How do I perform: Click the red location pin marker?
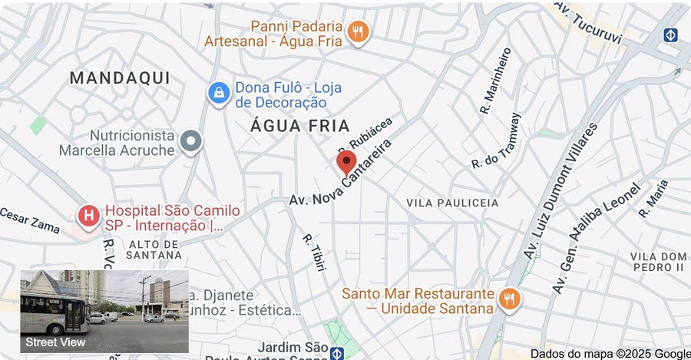click(346, 162)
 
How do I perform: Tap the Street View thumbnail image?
click(104, 311)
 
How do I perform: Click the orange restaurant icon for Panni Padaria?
click(357, 31)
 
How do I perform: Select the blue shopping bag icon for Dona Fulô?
click(219, 94)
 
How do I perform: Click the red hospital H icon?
click(89, 217)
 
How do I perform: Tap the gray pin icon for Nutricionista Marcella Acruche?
click(190, 141)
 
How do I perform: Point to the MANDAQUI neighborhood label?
click(119, 78)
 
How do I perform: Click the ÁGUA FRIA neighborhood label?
click(300, 126)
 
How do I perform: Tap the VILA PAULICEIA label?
click(452, 203)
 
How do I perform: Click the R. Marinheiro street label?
click(496, 81)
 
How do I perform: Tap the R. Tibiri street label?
click(315, 252)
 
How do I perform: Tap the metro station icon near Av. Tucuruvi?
click(671, 35)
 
